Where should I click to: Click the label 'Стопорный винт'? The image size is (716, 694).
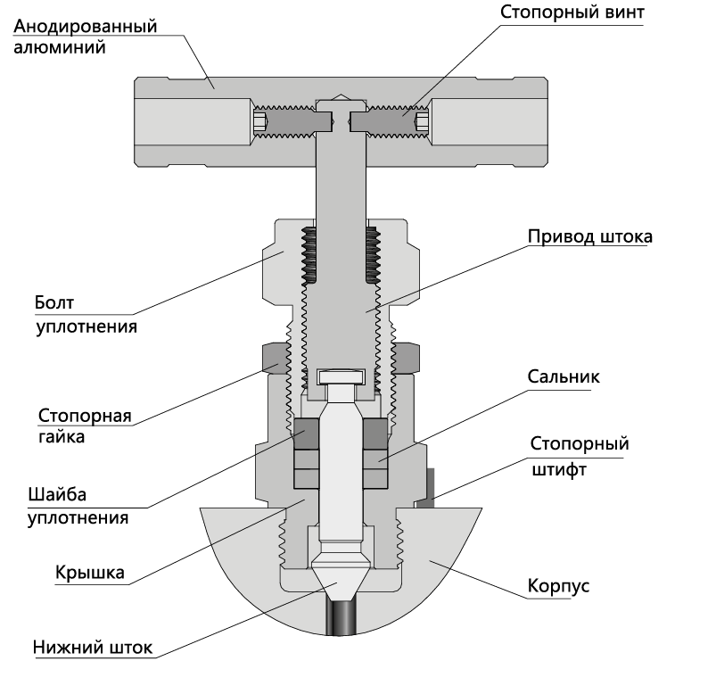pos(572,12)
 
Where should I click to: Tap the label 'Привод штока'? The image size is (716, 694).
pos(590,236)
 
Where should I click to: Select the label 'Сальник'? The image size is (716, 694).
pos(564,376)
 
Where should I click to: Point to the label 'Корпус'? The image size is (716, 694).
pos(558,586)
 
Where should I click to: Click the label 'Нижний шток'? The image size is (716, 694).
pos(93,648)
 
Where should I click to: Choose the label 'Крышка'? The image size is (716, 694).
pos(90,573)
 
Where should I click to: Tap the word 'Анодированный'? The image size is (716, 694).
pos(86,27)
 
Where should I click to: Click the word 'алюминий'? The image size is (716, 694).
pos(60,47)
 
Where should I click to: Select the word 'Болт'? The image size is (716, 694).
pos(54,302)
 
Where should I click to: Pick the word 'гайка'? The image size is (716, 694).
pos(62,437)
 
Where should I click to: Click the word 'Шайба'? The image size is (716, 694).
pos(57,495)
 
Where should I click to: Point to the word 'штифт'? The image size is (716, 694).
pos(559,470)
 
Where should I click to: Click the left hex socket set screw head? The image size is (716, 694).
pos(259,121)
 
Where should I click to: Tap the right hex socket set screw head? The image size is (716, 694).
pos(422,121)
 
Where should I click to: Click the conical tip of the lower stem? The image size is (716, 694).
pos(340,579)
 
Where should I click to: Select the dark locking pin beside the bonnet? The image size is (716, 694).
pos(428,488)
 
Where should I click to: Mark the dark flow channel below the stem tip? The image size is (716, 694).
pos(341,617)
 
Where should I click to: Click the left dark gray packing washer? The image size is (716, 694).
pos(306,434)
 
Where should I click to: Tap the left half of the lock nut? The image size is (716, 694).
pos(276,359)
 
